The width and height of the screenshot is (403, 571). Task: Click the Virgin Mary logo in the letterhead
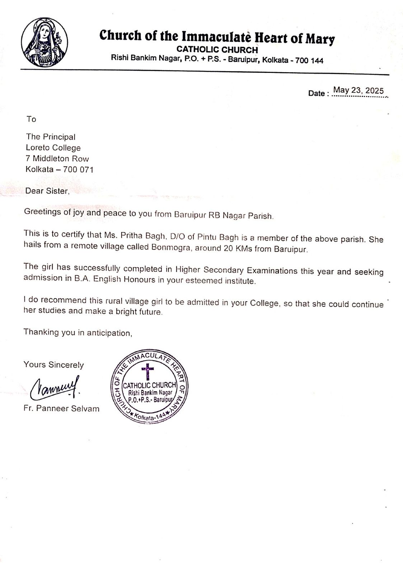point(44,42)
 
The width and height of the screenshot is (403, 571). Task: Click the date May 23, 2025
point(358,90)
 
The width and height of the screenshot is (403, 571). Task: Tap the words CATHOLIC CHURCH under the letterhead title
point(217,50)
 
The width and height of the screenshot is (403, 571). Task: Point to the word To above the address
point(31,119)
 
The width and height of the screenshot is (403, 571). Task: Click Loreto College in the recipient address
point(53,148)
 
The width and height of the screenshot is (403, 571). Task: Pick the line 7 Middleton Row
point(57,159)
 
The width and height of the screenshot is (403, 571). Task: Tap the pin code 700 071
point(78,170)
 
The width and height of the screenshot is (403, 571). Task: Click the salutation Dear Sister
point(47,191)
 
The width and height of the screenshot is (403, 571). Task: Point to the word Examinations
point(271,270)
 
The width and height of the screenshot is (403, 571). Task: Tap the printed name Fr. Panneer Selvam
point(61,409)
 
